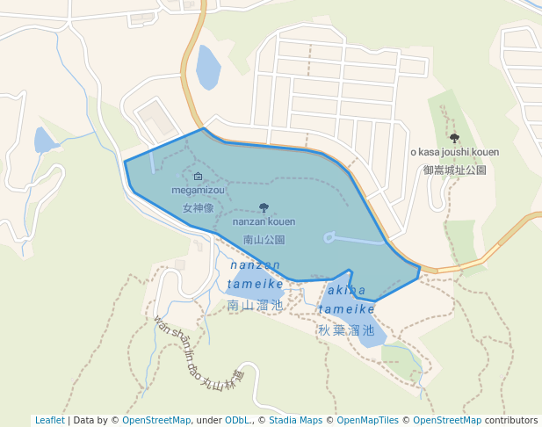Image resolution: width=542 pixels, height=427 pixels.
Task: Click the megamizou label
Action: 198,190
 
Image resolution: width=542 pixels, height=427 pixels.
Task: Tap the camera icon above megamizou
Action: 198,177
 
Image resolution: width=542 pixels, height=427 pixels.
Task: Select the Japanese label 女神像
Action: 198,209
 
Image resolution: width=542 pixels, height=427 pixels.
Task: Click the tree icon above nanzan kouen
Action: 264,207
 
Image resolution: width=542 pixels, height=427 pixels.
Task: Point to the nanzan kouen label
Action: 264,222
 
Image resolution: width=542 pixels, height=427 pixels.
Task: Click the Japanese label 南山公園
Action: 264,239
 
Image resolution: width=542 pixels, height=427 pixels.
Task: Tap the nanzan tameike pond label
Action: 255,274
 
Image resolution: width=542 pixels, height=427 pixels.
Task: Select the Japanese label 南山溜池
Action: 255,305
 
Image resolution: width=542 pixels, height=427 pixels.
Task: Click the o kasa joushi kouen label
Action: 454,152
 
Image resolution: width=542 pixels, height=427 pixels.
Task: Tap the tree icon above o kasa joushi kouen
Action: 454,138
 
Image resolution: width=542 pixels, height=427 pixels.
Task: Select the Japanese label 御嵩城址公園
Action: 454,170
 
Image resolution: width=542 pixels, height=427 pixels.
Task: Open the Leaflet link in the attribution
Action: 49,421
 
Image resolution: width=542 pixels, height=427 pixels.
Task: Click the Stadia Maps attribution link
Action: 295,421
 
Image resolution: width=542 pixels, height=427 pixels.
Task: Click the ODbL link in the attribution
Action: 236,421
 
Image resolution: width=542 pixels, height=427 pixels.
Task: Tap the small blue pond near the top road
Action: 207,68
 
